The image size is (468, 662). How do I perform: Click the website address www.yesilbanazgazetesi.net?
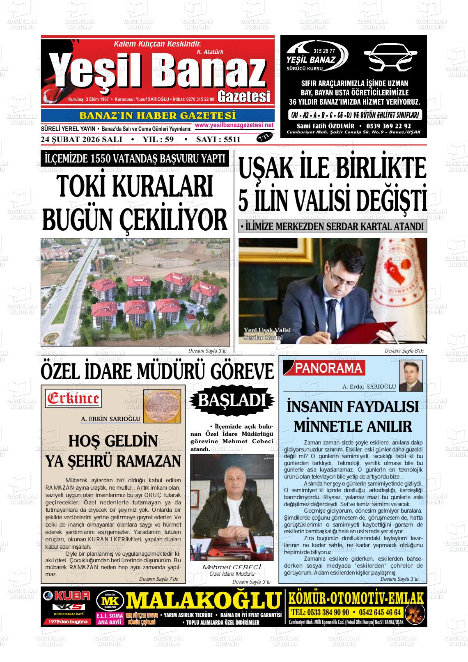click(234, 125)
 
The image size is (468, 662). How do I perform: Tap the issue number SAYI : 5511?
click(218, 139)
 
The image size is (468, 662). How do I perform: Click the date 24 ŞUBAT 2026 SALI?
click(82, 139)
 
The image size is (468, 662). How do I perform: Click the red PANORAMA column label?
click(329, 368)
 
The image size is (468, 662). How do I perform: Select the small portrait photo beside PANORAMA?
click(411, 376)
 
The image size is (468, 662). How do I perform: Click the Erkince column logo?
click(74, 398)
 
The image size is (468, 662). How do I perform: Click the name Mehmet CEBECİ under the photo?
click(232, 567)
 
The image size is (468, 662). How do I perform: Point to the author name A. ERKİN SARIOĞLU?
click(111, 419)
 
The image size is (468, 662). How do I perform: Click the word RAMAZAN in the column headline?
click(145, 461)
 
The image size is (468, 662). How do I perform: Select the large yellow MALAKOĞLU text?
click(204, 601)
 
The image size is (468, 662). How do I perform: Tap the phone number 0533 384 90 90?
click(321, 612)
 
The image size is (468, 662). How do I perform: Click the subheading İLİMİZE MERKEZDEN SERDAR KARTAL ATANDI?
click(333, 226)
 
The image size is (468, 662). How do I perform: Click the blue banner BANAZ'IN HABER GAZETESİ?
click(157, 116)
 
